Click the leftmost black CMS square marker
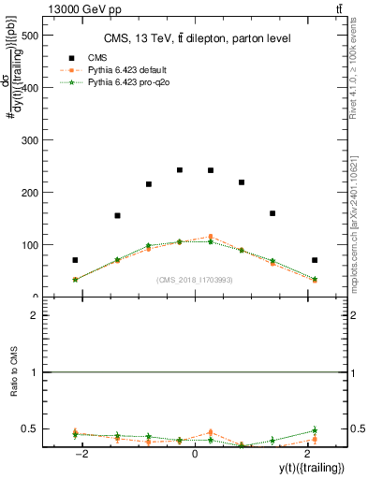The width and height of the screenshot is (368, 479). tap(75, 260)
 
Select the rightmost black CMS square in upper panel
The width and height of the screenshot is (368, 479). tap(315, 260)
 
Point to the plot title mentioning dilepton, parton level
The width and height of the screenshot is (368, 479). tap(198, 38)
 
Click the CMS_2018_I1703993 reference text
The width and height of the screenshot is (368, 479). tap(196, 279)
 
